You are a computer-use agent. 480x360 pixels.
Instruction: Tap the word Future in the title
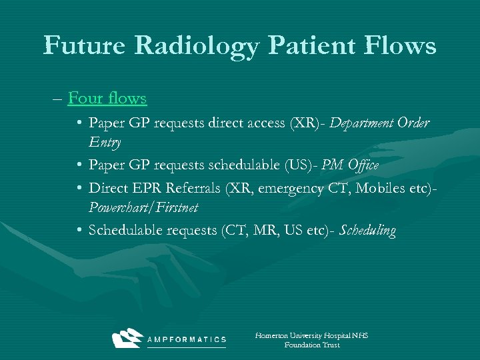[83, 45]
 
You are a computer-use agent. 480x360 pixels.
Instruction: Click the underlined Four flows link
[107, 99]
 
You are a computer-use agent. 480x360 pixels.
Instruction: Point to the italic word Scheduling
[367, 231]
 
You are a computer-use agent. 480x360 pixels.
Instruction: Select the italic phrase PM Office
[350, 165]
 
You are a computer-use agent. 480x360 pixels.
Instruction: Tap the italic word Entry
[105, 142]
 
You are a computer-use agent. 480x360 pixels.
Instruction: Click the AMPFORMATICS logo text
[186, 340]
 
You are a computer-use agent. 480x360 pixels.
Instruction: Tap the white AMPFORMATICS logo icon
[128, 338]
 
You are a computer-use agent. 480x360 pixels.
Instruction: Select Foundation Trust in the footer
[312, 345]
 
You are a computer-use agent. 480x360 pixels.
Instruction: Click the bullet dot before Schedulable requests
[79, 231]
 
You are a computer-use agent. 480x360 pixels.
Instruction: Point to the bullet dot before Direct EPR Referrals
[79, 189]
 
